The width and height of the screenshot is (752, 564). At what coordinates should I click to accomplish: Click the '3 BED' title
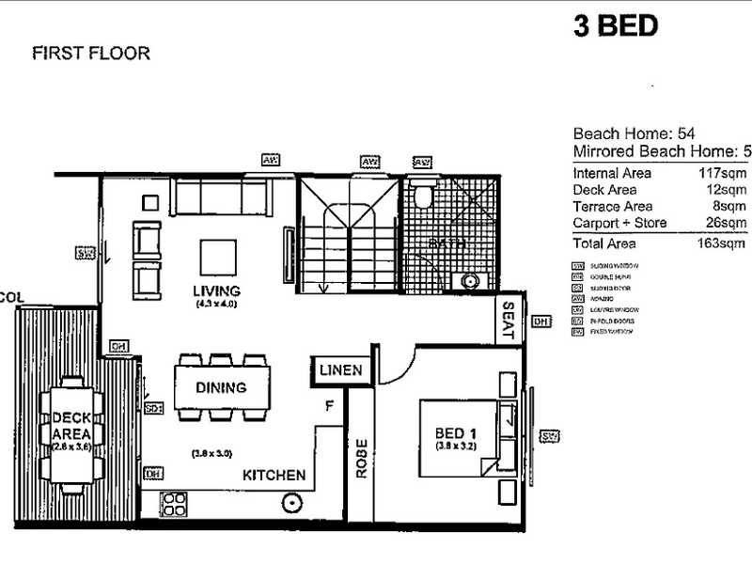(616, 25)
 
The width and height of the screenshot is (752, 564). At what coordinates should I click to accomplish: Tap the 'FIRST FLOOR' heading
(90, 54)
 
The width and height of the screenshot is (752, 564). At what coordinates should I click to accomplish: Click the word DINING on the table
(221, 386)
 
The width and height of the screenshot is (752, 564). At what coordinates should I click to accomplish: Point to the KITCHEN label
(274, 475)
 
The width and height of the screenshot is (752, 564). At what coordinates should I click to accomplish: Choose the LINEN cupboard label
(339, 370)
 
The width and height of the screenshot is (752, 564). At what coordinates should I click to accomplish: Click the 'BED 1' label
(457, 432)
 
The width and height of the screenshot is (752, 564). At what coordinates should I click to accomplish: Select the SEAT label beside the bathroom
(509, 321)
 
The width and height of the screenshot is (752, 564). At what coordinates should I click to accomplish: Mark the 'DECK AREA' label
(70, 424)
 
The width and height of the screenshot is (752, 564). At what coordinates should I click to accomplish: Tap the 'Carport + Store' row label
(619, 223)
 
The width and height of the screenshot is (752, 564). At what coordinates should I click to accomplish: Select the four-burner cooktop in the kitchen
(176, 505)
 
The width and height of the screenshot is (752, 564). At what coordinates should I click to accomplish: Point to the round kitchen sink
(292, 503)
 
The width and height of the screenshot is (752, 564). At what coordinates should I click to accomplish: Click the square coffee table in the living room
(217, 257)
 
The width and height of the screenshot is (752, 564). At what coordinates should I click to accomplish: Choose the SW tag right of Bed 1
(549, 436)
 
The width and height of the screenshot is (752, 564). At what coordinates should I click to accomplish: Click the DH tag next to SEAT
(540, 321)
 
